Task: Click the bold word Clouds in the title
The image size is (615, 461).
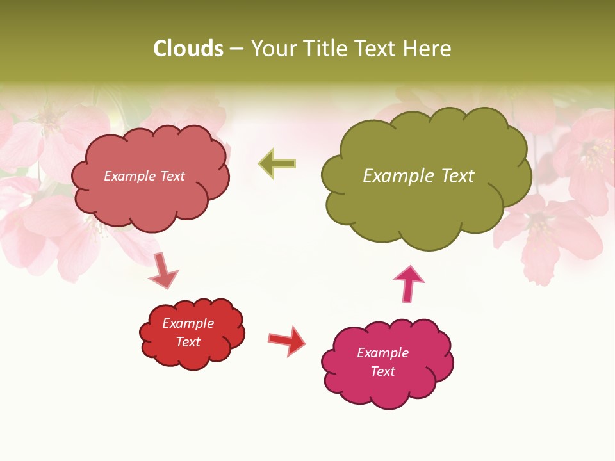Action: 188,49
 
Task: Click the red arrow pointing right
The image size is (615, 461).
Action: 287,340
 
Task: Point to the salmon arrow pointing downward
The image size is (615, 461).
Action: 163,270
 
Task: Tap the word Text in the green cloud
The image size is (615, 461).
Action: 456,175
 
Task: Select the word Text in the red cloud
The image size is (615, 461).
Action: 188,342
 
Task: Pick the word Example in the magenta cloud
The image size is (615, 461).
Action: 382,353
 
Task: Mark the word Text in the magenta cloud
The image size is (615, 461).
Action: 382,371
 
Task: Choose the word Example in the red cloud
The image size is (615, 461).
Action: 188,323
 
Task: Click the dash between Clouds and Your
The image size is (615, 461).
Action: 236,49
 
